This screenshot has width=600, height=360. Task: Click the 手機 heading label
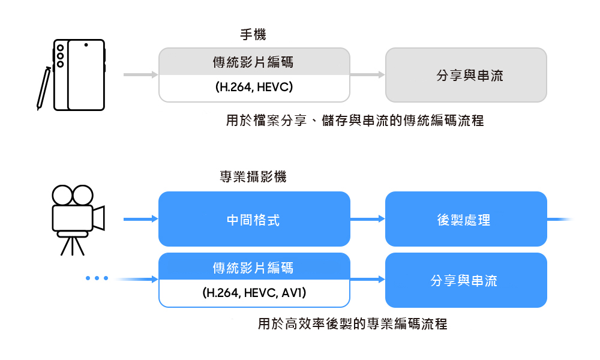(253, 35)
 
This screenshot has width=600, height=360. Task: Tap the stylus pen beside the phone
(43, 89)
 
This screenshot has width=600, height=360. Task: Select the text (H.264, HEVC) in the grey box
(254, 88)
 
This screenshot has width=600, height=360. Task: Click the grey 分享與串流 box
(466, 75)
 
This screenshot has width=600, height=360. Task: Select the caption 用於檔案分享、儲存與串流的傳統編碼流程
(354, 121)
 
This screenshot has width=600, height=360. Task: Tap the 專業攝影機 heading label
(253, 177)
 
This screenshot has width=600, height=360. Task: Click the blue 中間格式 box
(254, 219)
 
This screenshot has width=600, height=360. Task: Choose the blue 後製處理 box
(466, 219)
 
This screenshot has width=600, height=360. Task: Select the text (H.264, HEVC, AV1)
(254, 293)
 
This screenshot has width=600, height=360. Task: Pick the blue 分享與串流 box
(466, 280)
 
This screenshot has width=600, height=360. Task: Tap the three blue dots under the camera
(97, 278)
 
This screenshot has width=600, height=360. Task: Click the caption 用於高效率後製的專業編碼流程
(352, 325)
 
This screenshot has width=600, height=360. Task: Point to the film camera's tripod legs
(72, 245)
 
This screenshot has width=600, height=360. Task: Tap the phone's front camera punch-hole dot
(86, 45)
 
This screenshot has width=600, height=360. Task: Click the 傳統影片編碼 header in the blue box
(254, 266)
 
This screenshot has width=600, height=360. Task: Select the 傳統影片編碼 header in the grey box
(254, 62)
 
